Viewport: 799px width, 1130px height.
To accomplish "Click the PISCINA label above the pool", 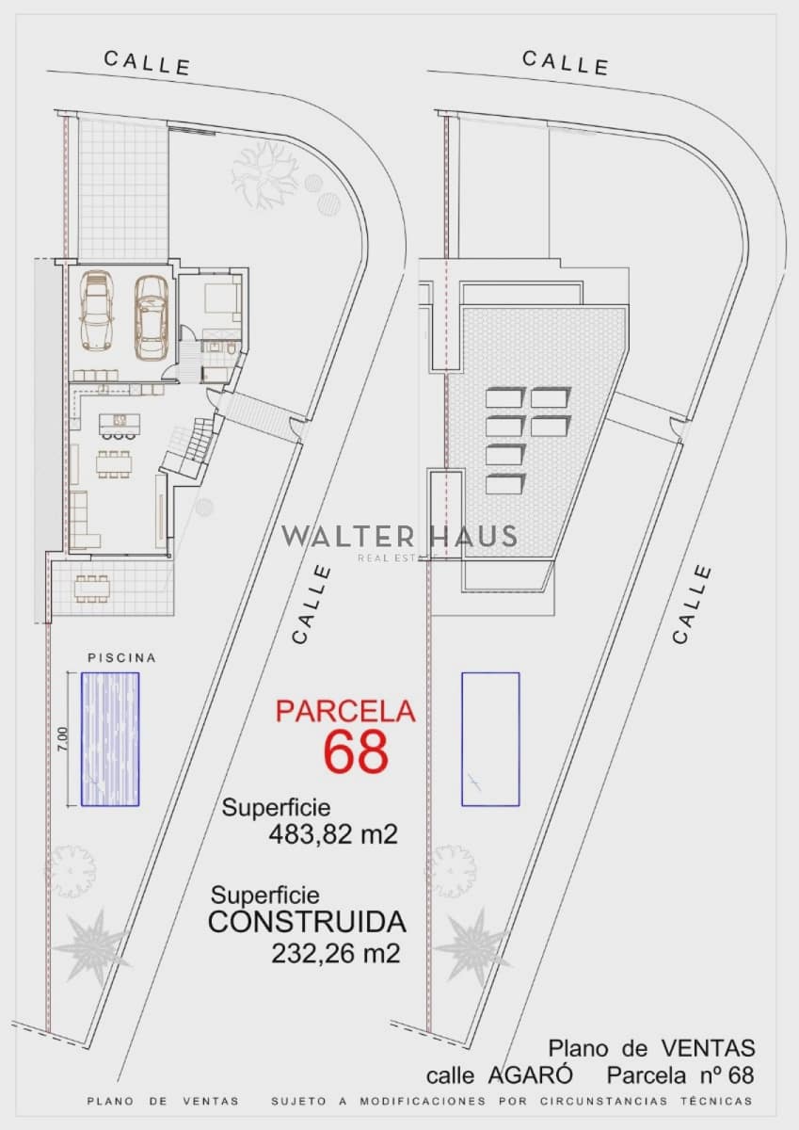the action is point(121,658).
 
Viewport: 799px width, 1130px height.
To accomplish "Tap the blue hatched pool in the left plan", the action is point(110,739).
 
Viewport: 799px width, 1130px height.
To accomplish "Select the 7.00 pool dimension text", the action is point(62,739).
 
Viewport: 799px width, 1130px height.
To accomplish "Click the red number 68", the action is point(356,752).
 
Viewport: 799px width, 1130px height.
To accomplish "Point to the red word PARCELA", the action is point(345,712).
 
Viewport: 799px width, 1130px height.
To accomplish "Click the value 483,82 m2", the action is point(333,834).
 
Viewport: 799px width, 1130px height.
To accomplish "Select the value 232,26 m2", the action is point(336,953).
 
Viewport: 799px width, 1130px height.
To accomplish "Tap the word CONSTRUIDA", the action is point(307,922).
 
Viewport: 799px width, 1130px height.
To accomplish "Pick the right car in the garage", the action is point(151,316).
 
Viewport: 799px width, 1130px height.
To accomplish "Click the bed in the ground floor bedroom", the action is point(220,299).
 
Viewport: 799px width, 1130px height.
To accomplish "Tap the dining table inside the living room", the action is point(115,463).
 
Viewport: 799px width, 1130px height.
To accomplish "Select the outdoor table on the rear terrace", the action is point(92,589).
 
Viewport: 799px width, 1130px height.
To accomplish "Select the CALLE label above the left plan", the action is point(147,62).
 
